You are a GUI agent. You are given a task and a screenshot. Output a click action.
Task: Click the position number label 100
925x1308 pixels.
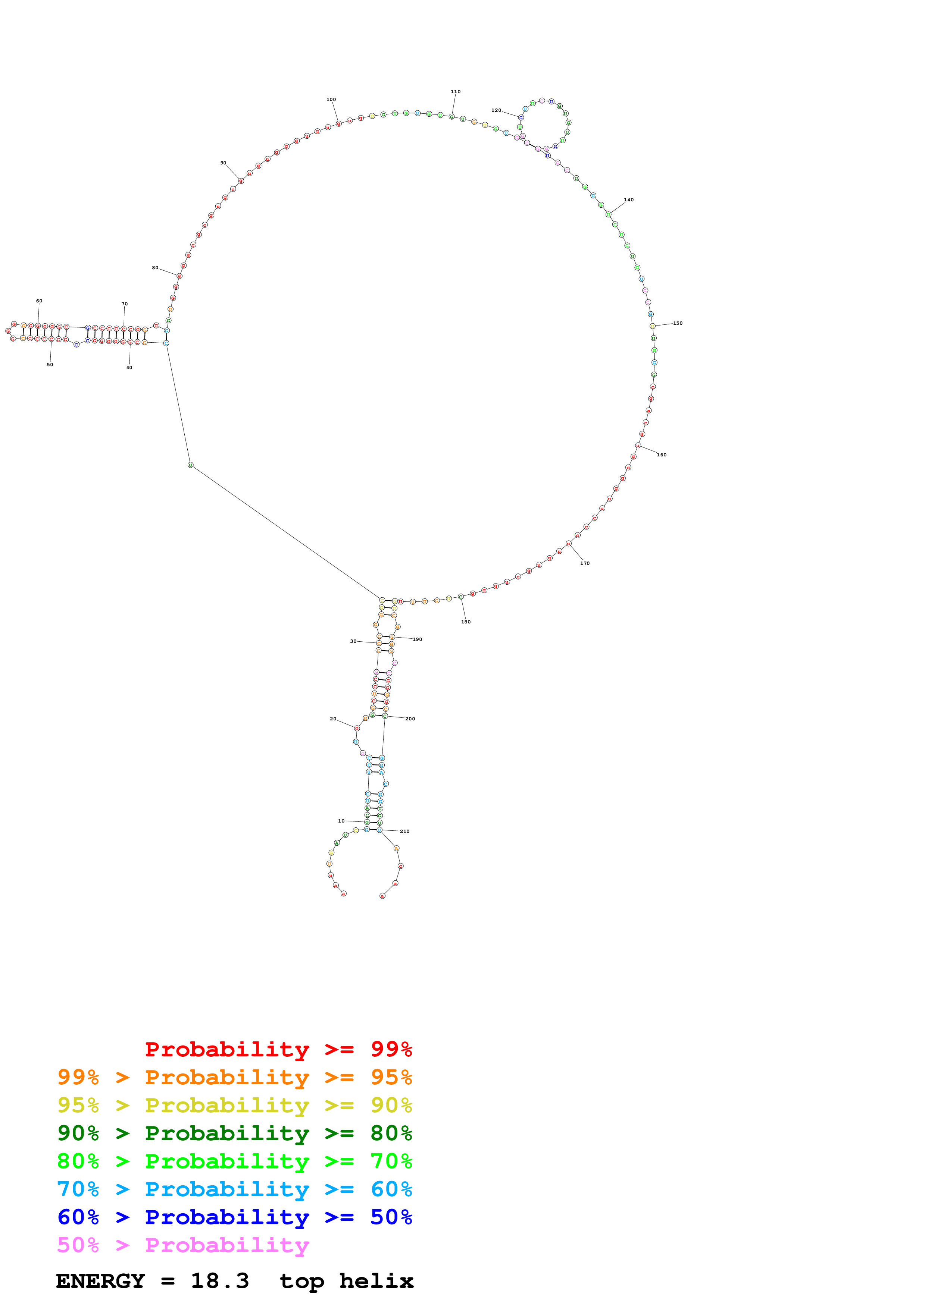[x=331, y=100]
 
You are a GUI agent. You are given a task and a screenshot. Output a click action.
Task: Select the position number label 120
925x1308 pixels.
[x=496, y=110]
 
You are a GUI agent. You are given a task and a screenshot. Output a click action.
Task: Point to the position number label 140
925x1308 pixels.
[x=629, y=200]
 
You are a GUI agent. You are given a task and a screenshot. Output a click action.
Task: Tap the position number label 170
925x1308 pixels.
[x=585, y=563]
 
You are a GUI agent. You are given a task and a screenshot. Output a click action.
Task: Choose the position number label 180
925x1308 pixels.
[x=466, y=622]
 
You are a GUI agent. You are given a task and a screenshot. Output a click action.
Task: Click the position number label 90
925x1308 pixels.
[x=224, y=163]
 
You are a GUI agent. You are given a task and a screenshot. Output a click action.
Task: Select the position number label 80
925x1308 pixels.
[x=155, y=268]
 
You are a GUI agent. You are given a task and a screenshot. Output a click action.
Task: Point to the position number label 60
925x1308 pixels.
[x=39, y=301]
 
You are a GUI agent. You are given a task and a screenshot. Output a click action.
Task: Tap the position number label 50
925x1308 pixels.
[x=50, y=365]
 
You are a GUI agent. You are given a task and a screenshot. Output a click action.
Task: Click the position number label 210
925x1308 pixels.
[x=404, y=832]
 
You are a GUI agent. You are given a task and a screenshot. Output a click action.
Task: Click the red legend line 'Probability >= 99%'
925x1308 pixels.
[x=278, y=1049]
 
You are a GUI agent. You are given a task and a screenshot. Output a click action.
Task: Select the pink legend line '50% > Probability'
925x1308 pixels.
[x=183, y=1245]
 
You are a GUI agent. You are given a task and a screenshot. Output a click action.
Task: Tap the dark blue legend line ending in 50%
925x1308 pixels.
[x=234, y=1217]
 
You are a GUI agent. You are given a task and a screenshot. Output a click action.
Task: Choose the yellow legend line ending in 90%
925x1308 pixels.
[x=234, y=1105]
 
